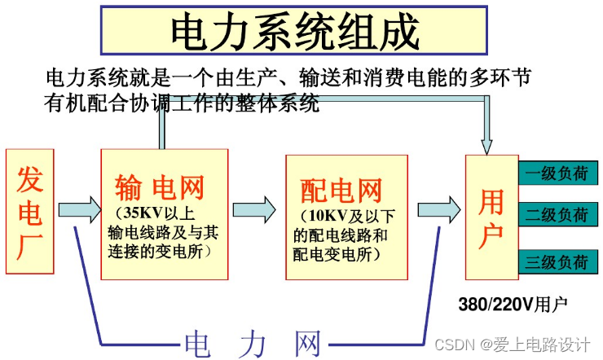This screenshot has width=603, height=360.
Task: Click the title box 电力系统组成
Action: tap(295, 32)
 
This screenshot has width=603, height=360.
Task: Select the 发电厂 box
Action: tap(29, 210)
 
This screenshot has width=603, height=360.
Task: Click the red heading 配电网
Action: tap(341, 191)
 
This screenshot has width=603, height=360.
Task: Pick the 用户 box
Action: tap(491, 216)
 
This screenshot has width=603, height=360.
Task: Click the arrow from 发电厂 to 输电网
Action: tap(77, 209)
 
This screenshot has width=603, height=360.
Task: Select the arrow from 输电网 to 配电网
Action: tap(255, 209)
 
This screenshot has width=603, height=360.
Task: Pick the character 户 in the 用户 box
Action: tap(491, 236)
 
